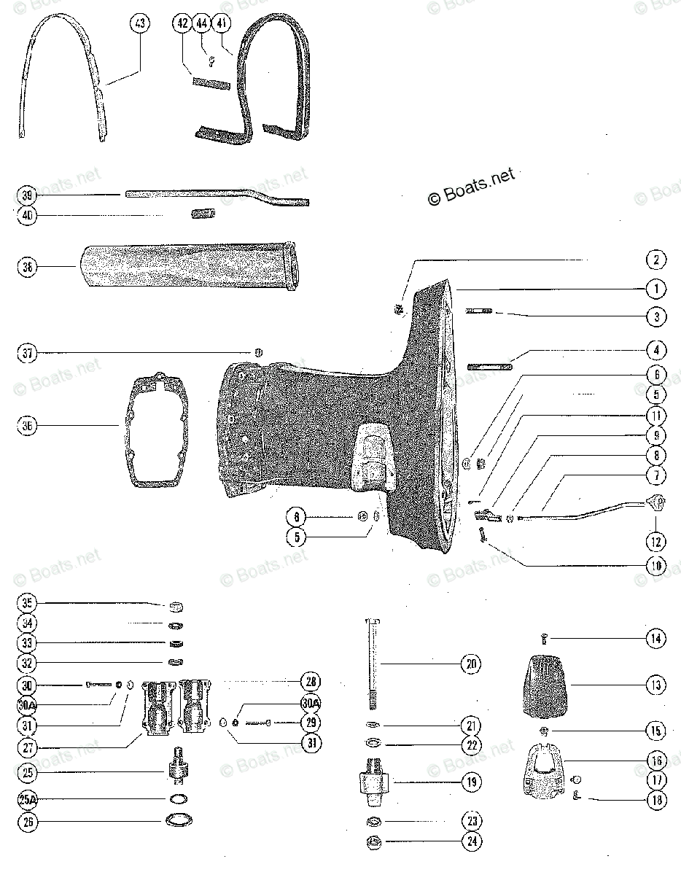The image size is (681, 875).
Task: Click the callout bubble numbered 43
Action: point(139,24)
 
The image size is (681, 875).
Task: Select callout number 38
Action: point(28,268)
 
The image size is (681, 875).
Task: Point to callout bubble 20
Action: point(471,664)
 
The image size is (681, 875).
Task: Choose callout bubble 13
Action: point(655,685)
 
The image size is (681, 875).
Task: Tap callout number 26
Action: point(28,822)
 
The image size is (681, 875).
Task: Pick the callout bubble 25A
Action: point(28,801)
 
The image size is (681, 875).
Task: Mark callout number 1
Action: point(655,289)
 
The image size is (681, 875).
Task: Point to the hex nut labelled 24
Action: point(374,843)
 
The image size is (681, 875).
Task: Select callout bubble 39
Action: point(28,195)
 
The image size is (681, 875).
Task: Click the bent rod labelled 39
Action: point(219,195)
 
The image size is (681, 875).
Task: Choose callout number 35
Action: point(28,604)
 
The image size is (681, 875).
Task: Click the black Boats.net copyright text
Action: point(470,186)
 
